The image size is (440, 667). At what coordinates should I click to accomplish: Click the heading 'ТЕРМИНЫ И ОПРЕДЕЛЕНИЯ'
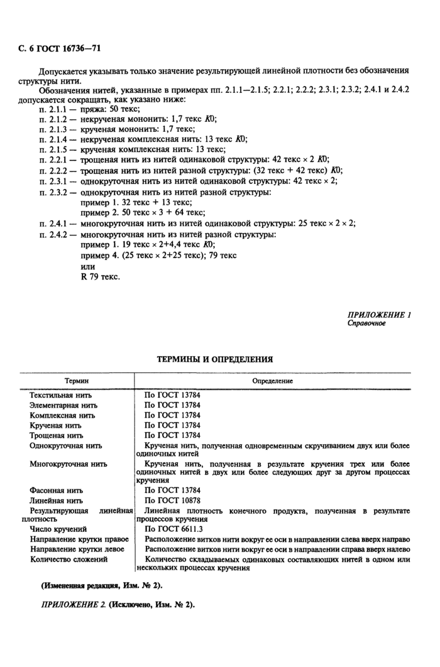pyautogui.click(x=214, y=359)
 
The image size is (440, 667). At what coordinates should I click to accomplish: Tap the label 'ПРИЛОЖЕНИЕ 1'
pyautogui.click(x=379, y=315)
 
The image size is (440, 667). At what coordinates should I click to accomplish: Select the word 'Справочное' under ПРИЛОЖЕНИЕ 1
pyautogui.click(x=367, y=324)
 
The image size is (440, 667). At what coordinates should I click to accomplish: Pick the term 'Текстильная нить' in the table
pyautogui.click(x=61, y=396)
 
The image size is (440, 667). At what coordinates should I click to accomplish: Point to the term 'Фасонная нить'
pyautogui.click(x=57, y=490)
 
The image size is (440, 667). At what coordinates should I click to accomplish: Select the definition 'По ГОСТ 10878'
pyautogui.click(x=172, y=501)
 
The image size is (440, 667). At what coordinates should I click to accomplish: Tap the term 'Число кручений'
pyautogui.click(x=58, y=529)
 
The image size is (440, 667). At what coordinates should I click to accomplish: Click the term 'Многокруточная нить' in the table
pyautogui.click(x=69, y=464)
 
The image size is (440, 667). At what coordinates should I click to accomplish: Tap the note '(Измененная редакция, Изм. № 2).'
pyautogui.click(x=101, y=585)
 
